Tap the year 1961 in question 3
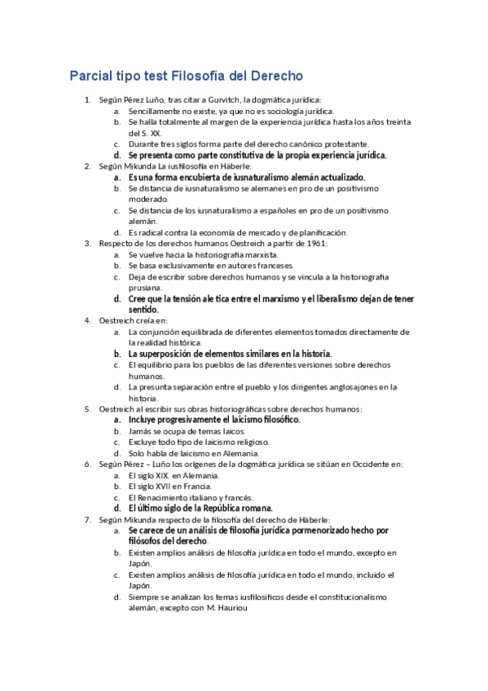[x=310, y=243]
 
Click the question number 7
[x=88, y=519]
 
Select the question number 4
[x=88, y=320]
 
